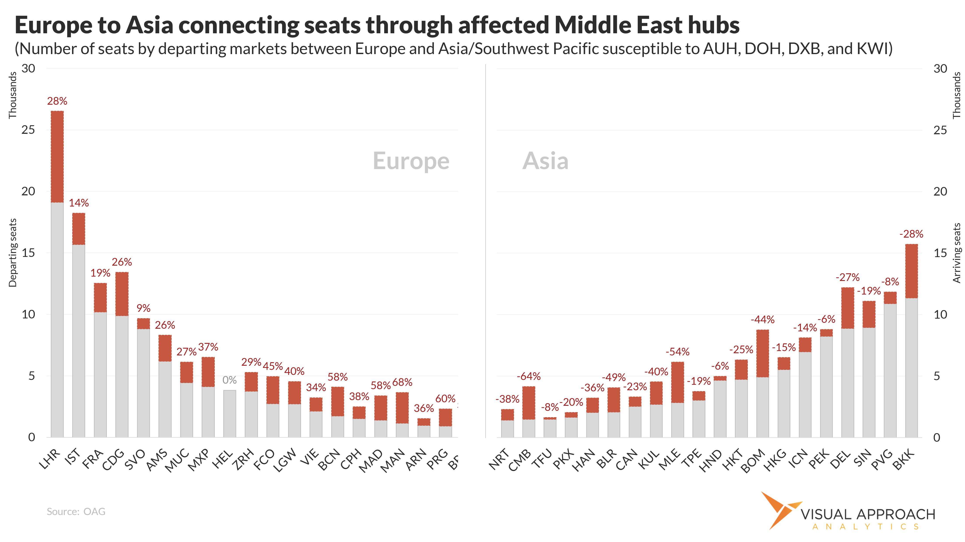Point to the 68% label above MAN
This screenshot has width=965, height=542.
[x=402, y=382]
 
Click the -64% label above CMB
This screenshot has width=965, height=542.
[x=528, y=376]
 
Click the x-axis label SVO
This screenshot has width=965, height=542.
[x=135, y=459]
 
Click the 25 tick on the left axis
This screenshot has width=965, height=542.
[x=28, y=130]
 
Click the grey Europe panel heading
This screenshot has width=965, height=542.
[x=411, y=161]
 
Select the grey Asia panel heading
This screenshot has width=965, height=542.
[x=545, y=161]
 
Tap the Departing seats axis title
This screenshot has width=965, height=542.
[x=13, y=253]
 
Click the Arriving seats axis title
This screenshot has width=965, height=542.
[x=957, y=253]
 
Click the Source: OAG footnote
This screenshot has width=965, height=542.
[x=76, y=512]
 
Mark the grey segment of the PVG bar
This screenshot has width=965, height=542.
[x=890, y=370]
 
